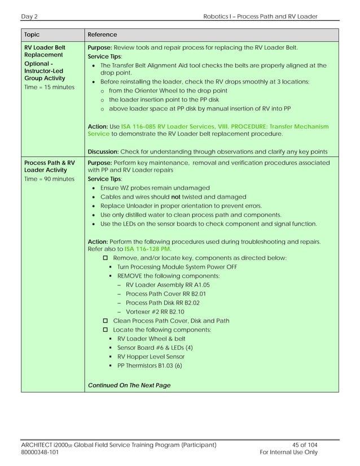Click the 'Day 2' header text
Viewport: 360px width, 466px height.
[x=29, y=16]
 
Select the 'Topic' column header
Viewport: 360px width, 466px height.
[x=32, y=35]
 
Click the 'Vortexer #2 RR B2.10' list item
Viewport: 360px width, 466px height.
[x=155, y=311]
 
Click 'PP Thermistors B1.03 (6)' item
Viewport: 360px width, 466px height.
[x=150, y=366]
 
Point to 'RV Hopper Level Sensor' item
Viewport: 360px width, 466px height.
[x=151, y=357]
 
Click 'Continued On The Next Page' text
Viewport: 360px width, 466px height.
[x=129, y=385]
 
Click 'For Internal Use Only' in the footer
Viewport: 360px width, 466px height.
[x=287, y=452]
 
